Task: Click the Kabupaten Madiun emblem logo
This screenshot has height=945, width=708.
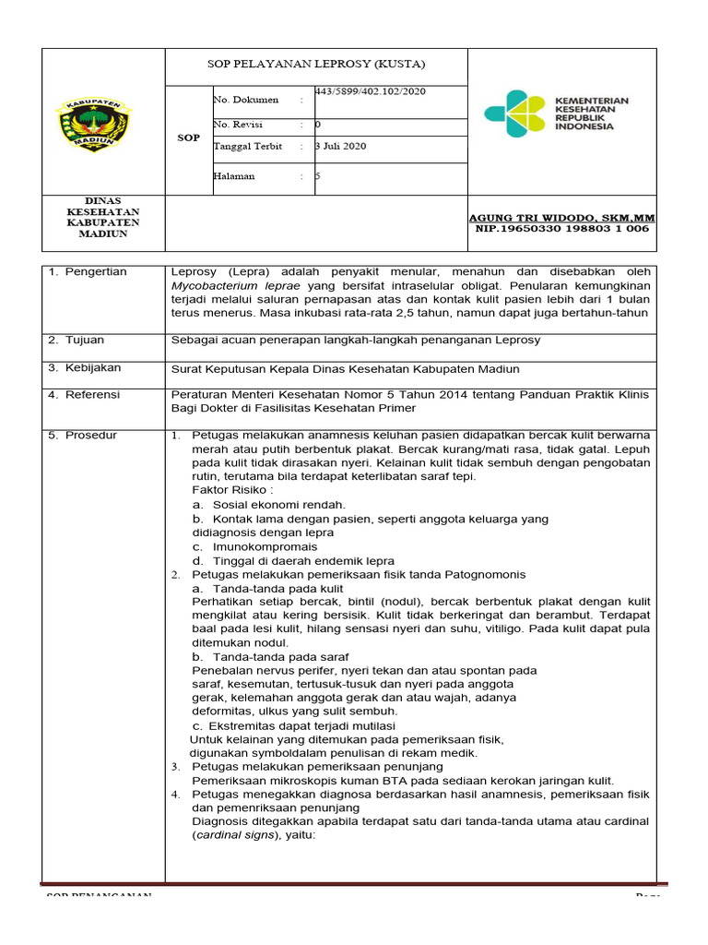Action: [95, 125]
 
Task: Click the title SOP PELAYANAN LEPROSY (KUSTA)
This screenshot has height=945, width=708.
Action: [316, 65]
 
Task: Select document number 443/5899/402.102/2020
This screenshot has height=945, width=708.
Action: [371, 92]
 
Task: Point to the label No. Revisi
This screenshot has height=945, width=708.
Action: [238, 124]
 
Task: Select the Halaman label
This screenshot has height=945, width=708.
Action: [234, 175]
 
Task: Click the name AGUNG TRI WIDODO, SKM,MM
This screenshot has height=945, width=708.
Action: [561, 217]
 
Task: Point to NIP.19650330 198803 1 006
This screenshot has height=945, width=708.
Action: [561, 228]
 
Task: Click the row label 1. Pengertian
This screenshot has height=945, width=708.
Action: [88, 271]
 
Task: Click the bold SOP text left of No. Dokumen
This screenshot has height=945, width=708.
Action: [188, 138]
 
